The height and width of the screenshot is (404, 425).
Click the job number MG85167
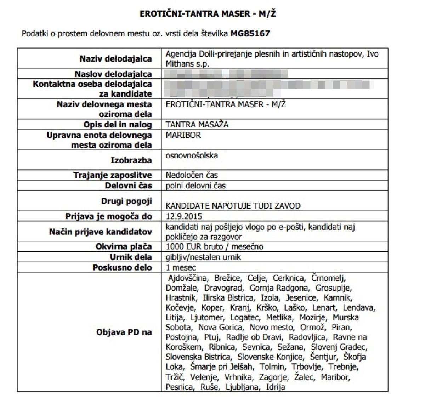[250, 34]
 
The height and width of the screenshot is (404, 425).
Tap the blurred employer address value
[227, 74]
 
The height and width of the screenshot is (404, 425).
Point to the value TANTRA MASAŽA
[197, 125]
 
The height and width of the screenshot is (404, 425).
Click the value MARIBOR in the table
[183, 135]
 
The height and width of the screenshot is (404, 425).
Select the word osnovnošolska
[192, 155]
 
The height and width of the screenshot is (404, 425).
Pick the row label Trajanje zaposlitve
[113, 175]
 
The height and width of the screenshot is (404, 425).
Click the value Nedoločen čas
[192, 175]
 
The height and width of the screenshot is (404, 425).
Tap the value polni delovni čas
[195, 186]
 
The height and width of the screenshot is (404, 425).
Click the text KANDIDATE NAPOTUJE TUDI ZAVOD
[233, 206]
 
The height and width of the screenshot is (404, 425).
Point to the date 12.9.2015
[184, 216]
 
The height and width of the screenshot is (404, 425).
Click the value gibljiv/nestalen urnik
[203, 257]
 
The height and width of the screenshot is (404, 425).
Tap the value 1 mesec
[181, 267]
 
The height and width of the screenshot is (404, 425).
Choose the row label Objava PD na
[124, 332]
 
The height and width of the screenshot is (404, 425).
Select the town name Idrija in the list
[274, 387]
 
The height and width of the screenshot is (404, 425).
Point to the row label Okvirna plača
[124, 247]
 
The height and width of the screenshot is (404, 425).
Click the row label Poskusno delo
[122, 267]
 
